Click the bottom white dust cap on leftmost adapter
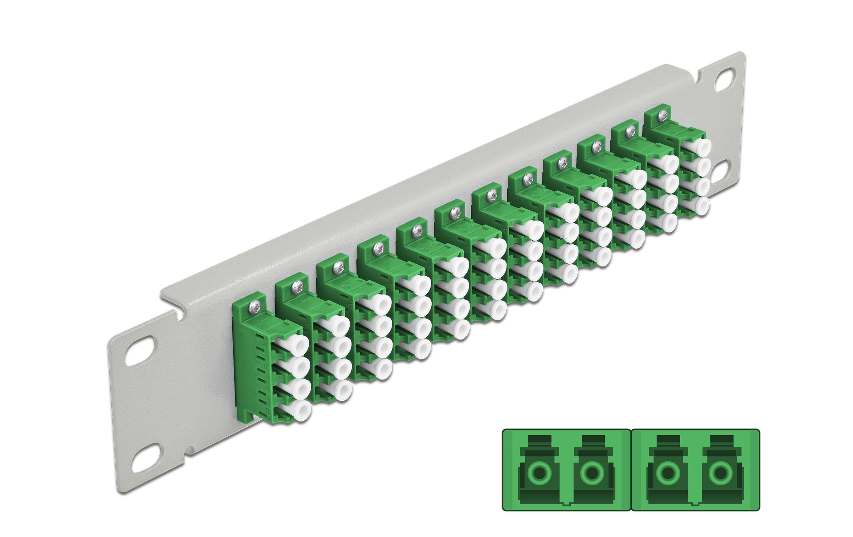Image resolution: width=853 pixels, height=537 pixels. [x=302, y=411]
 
